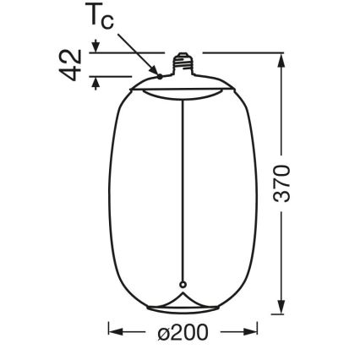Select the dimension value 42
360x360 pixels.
[74, 64]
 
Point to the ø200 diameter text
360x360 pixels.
[182, 332]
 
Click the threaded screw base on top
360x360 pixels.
[181, 63]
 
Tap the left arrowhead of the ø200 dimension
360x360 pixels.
[115, 332]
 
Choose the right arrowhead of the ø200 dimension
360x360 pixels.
[250, 332]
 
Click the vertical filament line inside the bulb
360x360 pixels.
[181, 186]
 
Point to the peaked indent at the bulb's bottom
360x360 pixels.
[181, 300]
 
